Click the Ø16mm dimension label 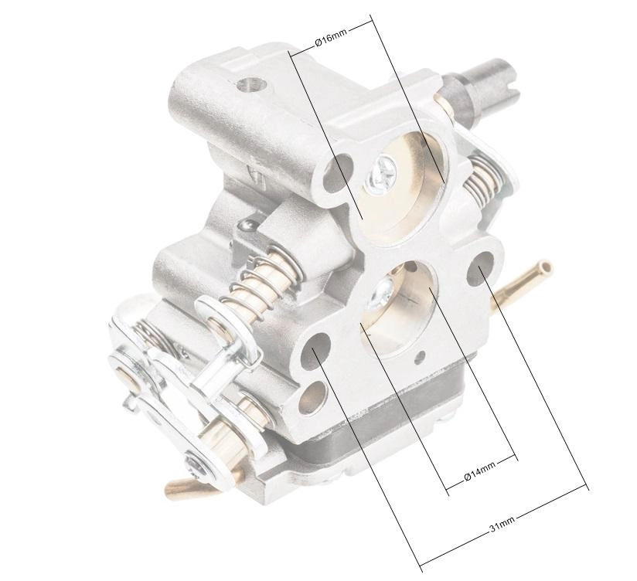coord(331,37)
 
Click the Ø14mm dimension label coord(479,471)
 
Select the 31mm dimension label coord(502,523)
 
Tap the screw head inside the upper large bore coord(380,176)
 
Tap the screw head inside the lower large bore coord(380,293)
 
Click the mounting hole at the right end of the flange coord(480,268)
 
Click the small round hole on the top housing coord(250,85)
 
